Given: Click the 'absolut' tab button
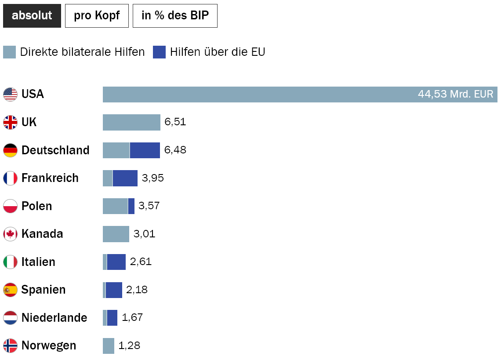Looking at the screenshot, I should click(32, 16).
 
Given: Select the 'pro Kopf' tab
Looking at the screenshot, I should click(97, 16).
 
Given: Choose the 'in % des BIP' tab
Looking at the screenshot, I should click(175, 16).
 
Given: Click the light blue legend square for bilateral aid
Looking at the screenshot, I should click(9, 52).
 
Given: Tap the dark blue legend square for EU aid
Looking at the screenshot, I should click(159, 52).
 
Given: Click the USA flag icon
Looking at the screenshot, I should click(10, 95).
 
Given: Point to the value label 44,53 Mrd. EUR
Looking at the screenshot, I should click(456, 95).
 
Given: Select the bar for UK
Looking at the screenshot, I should click(131, 122).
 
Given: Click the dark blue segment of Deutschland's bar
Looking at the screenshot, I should click(145, 150).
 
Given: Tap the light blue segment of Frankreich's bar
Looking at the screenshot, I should click(108, 178).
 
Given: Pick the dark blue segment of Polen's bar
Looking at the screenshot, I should click(131, 206).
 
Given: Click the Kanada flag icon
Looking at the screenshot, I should click(10, 234).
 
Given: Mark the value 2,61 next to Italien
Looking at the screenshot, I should click(141, 262).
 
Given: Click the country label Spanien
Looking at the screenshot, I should click(44, 290).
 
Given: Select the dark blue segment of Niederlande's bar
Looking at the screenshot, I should click(112, 318).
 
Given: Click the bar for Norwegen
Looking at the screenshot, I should click(109, 345).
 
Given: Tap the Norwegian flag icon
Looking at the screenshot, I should click(10, 345).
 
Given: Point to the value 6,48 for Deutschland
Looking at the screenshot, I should click(175, 150).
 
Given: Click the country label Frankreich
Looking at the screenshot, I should click(50, 178).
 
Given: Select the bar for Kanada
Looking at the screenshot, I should click(116, 234).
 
